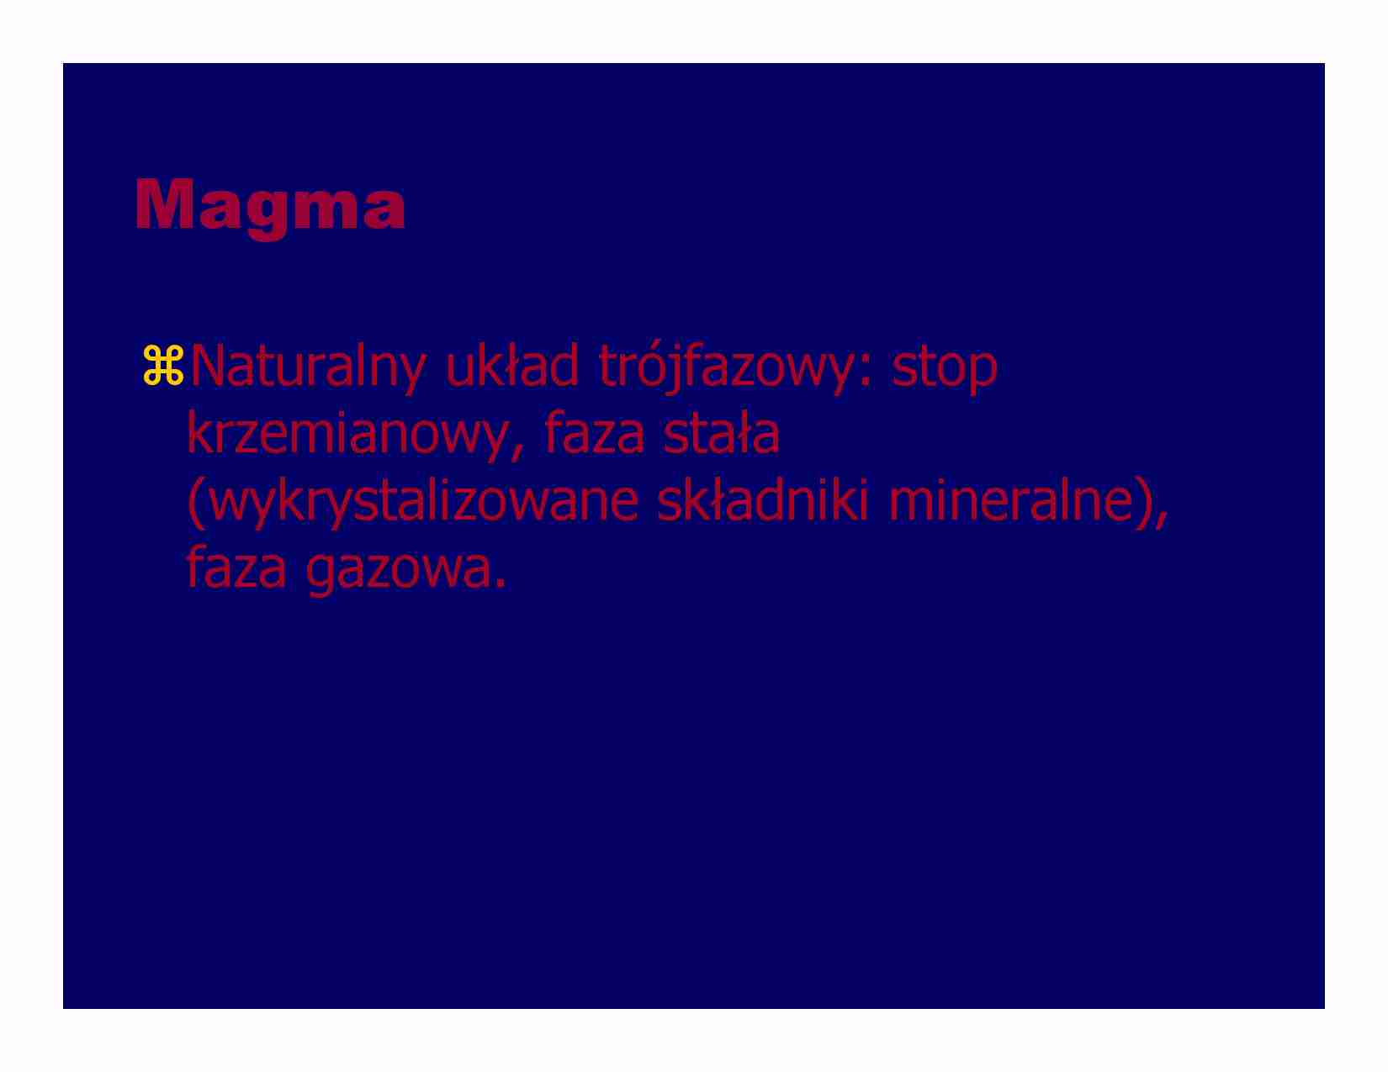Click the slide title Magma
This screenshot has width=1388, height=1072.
pos(270,205)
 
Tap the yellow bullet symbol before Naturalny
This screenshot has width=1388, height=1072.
pos(163,366)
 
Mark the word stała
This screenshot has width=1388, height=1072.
pos(722,433)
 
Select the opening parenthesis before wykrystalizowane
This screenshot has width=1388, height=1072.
pos(195,502)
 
